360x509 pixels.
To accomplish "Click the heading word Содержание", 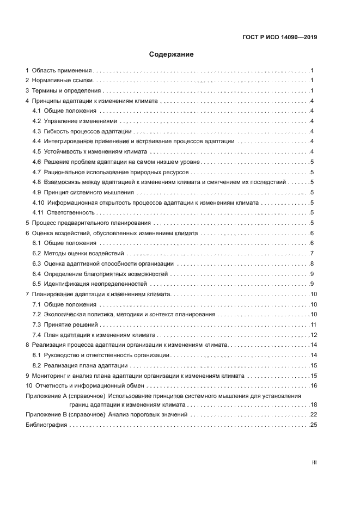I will coord(172,54).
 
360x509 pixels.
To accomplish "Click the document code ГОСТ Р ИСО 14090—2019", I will coord(280,38).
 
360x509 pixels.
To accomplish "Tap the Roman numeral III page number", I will coord(314,463).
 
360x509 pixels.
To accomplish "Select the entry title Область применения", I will coord(62,71).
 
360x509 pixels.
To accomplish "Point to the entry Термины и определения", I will coord(66,91).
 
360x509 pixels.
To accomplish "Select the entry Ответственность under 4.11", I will coord(71,212).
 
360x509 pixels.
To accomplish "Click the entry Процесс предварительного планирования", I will coord(93,223).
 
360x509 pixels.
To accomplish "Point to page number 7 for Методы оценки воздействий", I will coord(311,253).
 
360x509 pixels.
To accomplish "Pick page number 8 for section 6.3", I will coord(311,263).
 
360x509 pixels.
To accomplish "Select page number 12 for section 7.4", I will coord(313,335).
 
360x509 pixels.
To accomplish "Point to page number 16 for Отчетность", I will coord(313,385).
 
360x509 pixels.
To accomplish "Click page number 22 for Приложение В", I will coord(313,415).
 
